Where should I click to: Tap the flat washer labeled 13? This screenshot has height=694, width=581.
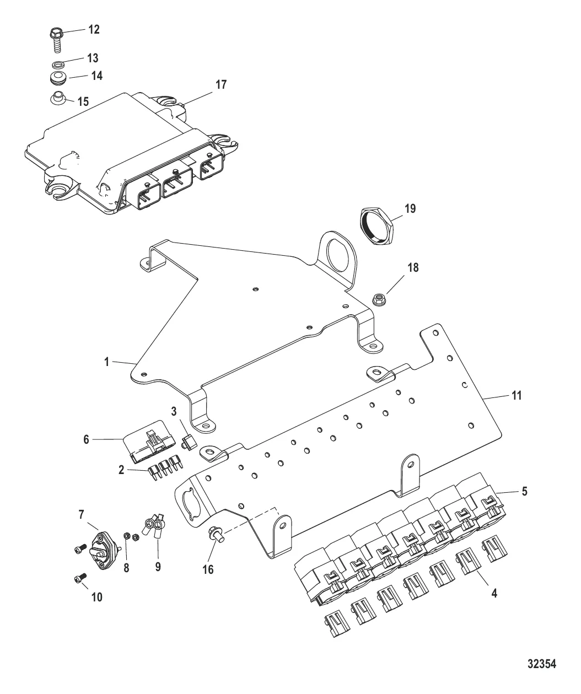58,63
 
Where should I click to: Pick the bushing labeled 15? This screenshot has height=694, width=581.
59,97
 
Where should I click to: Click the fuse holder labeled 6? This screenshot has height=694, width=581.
149,442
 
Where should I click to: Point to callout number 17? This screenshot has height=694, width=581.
221,85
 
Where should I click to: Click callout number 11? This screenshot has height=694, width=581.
516,396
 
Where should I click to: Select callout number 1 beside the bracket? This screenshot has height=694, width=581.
107,362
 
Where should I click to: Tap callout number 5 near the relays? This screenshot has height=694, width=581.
524,491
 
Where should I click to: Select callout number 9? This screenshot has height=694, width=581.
158,566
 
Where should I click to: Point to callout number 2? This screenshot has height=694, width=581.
121,470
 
